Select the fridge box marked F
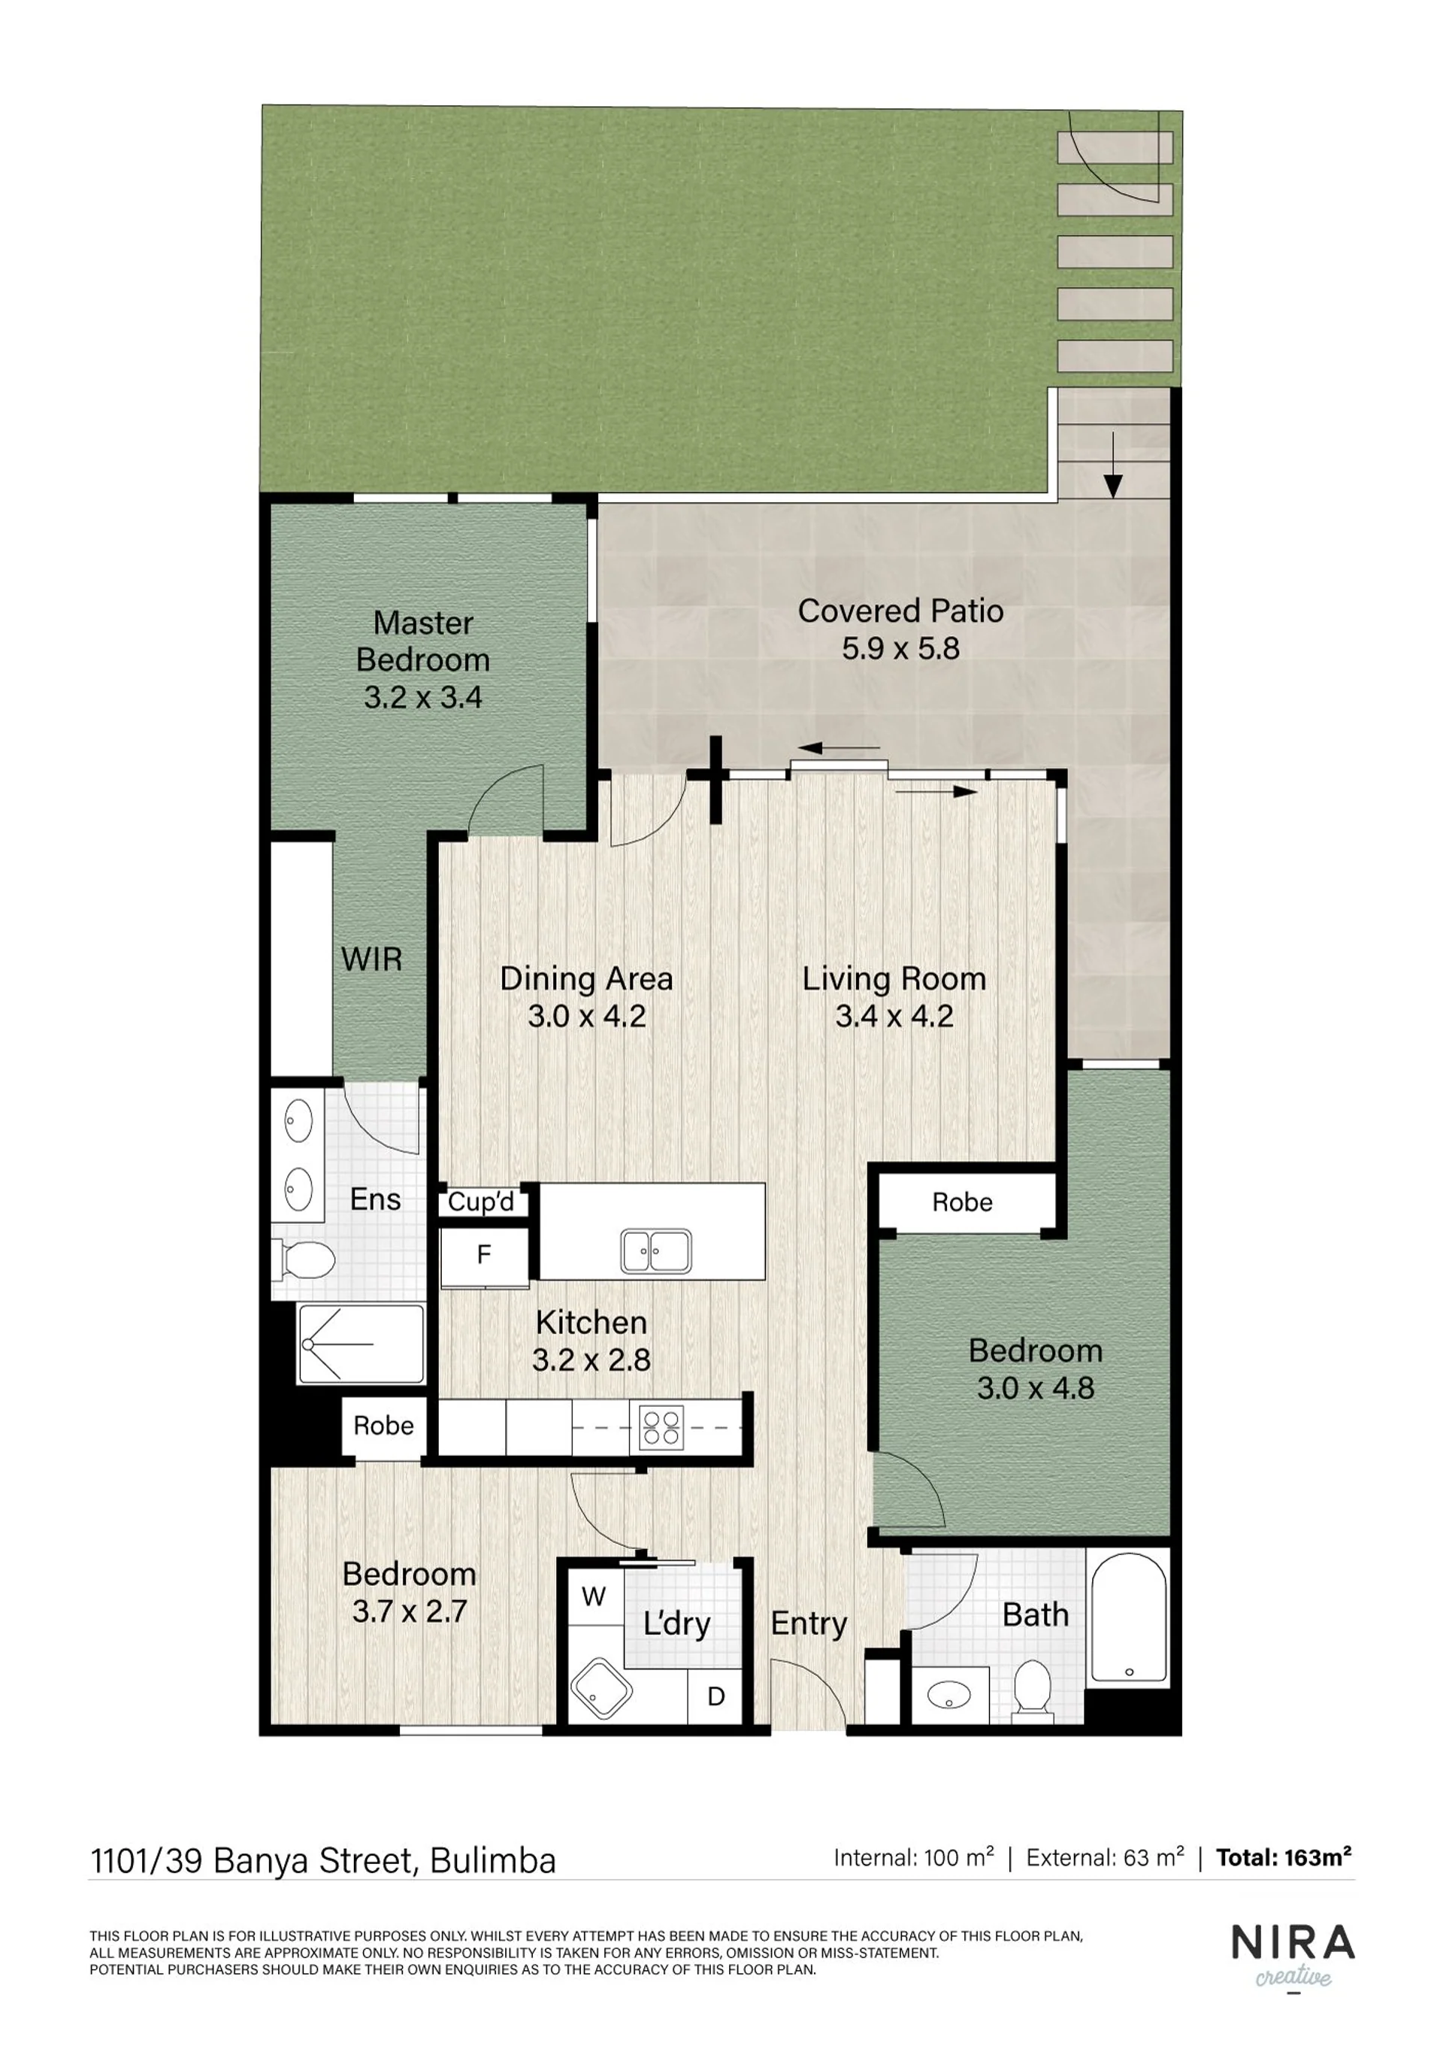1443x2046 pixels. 485,1256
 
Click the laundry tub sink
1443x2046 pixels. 601,1690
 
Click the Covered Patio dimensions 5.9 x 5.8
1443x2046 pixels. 900,648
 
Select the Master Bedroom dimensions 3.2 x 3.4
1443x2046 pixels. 423,697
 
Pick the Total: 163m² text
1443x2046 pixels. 1284,1858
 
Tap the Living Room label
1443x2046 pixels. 894,978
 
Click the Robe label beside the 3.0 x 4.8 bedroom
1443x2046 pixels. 962,1202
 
